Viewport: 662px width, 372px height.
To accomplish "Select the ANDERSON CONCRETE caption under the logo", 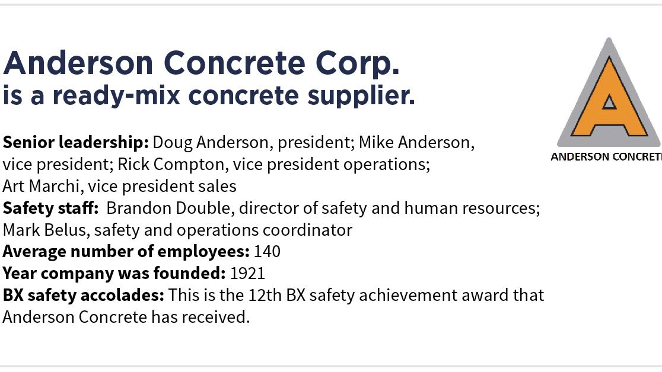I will tap(606, 157).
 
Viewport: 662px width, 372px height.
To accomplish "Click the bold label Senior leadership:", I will tap(75, 142).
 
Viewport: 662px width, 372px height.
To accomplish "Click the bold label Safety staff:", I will tap(50, 208).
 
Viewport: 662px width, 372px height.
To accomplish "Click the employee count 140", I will tap(267, 251).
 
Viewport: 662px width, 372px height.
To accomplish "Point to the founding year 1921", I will tap(247, 273).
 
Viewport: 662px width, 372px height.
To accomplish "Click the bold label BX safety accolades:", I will tap(83, 295).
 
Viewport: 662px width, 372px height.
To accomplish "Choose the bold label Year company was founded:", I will tap(114, 273).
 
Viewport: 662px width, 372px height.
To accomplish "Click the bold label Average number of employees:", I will tap(126, 251).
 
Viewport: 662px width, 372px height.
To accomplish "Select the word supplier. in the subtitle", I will tap(361, 95).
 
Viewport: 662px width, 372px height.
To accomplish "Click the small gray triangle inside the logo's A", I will tap(609, 102).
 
